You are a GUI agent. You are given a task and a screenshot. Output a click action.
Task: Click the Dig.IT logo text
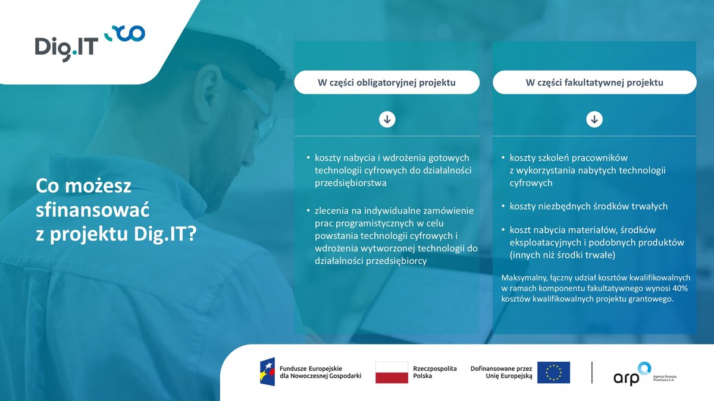tap(66, 46)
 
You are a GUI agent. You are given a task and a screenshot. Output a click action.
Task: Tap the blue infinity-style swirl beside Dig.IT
tap(124, 34)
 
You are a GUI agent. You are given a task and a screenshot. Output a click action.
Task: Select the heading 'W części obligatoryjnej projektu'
tap(386, 83)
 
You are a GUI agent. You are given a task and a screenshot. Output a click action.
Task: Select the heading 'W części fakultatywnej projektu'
tap(594, 83)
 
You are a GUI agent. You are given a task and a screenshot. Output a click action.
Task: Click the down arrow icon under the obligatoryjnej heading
tap(387, 120)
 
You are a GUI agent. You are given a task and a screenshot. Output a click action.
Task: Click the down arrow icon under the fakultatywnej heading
tap(594, 120)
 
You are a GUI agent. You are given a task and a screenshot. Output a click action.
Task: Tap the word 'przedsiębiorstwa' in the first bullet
tap(350, 184)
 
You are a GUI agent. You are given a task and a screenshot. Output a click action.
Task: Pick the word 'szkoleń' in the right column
tap(556, 157)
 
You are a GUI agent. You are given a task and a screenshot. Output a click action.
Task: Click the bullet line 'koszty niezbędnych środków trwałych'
tap(588, 206)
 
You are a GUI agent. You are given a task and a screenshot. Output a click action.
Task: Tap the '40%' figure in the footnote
tap(677, 288)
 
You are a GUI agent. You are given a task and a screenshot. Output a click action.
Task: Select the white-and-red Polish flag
tap(392, 372)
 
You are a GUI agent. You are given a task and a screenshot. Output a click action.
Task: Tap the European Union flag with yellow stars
tap(553, 372)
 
